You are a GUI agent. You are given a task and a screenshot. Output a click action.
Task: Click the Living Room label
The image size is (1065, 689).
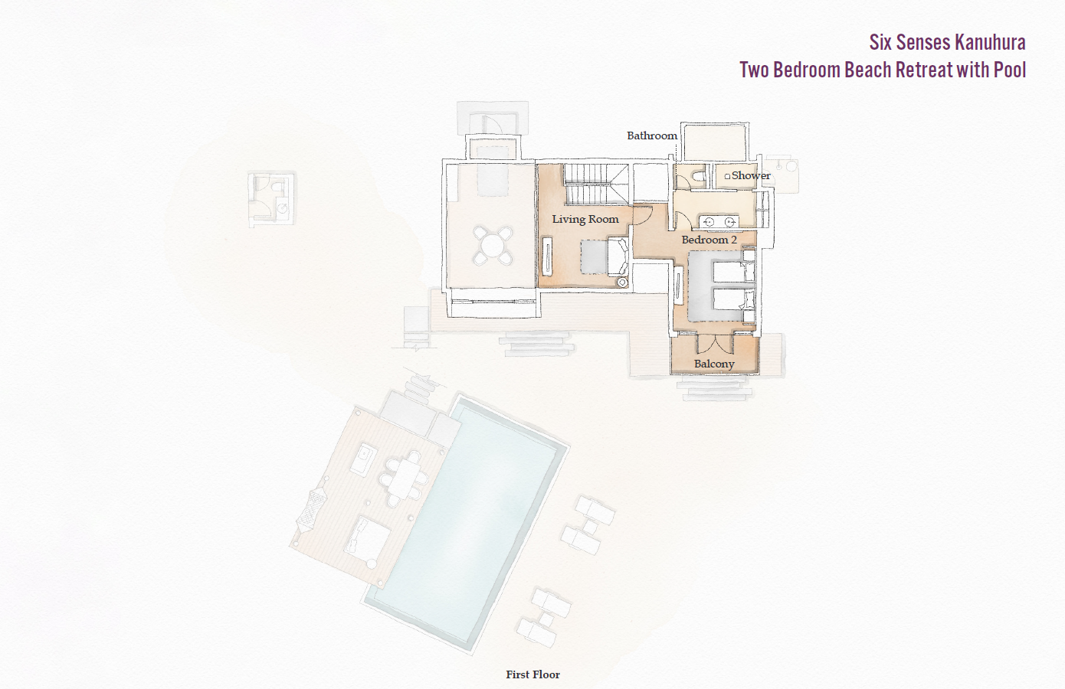point(585,219)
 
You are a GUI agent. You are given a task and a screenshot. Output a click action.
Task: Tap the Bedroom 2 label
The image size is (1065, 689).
point(709,240)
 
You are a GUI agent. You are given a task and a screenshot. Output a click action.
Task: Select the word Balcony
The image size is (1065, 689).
point(714,364)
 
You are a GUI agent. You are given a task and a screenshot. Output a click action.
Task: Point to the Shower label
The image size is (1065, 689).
point(751,175)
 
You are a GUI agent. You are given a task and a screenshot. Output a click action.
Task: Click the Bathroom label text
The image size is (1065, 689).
point(652,136)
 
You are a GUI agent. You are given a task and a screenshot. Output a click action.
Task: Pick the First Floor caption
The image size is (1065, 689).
point(532,674)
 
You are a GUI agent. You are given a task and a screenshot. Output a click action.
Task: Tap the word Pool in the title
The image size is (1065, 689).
point(1010,70)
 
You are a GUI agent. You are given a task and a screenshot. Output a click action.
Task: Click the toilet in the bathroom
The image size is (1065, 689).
point(697,177)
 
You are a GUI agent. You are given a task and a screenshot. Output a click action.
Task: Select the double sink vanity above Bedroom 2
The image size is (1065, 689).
point(719,222)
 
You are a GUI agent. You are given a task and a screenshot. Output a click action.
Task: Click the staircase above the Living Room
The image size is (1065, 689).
point(595,184)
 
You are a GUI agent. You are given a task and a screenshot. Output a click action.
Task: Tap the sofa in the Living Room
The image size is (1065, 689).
point(618,256)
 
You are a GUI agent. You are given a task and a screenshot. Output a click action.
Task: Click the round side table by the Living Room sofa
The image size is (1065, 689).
point(622,282)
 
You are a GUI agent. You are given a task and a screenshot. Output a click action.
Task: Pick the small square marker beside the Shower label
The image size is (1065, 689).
point(727,176)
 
